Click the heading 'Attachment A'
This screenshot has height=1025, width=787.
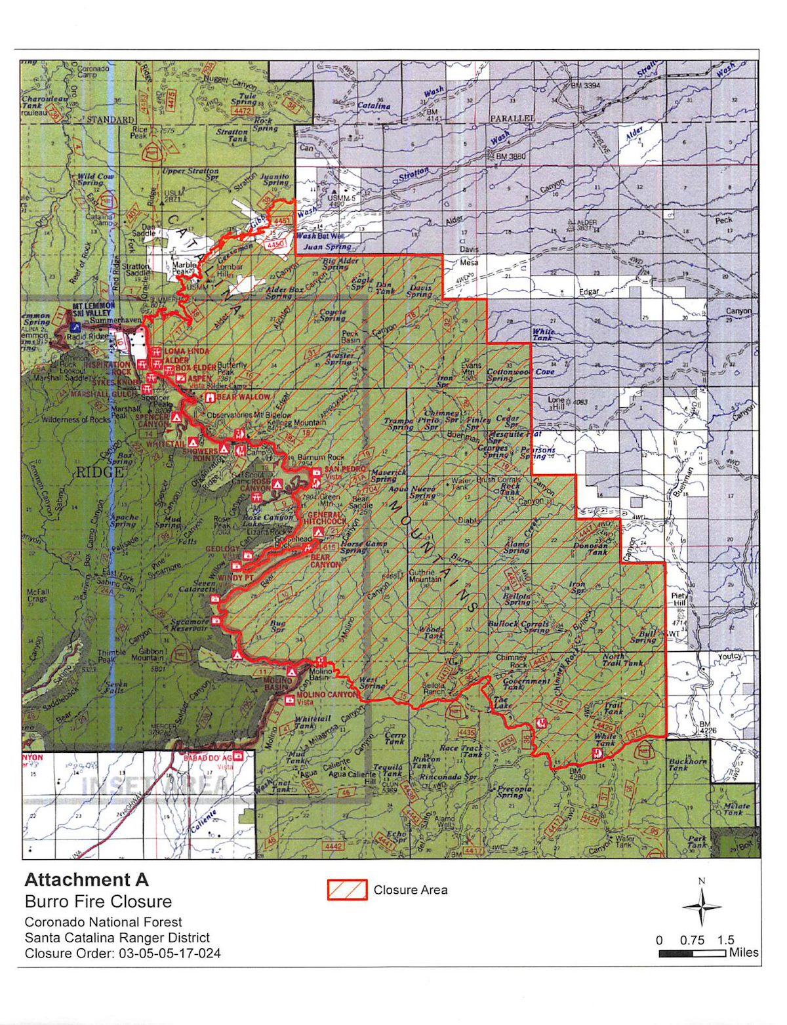click(x=87, y=879)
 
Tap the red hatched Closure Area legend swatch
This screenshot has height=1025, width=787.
click(x=347, y=890)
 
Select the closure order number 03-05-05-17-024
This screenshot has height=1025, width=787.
click(x=170, y=953)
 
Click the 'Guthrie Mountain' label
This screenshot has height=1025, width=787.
click(x=425, y=575)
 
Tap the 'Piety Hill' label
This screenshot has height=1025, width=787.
click(x=678, y=599)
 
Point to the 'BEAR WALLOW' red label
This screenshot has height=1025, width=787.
click(x=243, y=397)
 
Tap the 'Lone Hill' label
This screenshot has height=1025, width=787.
click(x=556, y=403)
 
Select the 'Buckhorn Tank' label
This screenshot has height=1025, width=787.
click(x=687, y=765)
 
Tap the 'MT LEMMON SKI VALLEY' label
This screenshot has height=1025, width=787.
click(x=93, y=310)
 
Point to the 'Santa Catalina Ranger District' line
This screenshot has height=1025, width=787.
click(x=117, y=937)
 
